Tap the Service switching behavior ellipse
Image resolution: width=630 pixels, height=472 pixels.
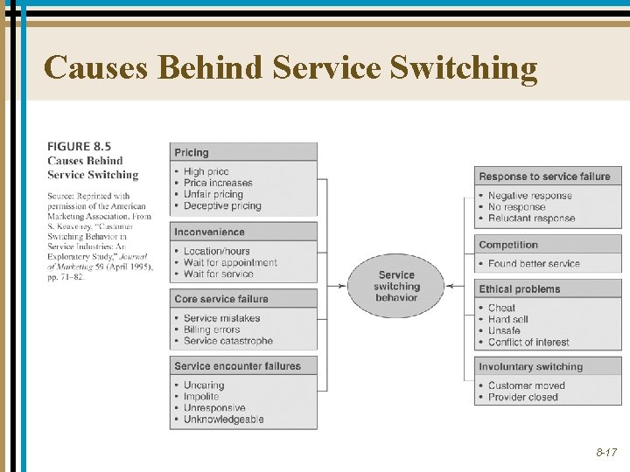(x=396, y=286)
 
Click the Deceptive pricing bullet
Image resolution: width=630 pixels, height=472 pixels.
(x=222, y=206)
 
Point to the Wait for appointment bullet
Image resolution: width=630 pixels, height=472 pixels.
(x=230, y=263)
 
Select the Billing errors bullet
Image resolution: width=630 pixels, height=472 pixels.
(x=212, y=330)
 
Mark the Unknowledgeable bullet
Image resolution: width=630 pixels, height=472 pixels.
(x=223, y=420)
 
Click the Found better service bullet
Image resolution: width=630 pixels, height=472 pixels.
(x=534, y=264)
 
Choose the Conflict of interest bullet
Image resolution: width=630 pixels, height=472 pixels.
(x=528, y=343)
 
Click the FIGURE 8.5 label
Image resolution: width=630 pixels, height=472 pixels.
(x=80, y=147)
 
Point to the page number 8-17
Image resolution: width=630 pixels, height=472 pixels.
(x=606, y=453)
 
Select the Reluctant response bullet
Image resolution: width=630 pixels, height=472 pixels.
(x=531, y=219)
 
